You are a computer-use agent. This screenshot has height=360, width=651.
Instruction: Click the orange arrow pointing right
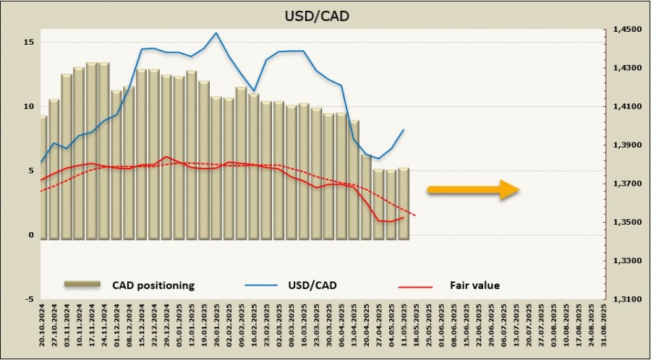(474, 190)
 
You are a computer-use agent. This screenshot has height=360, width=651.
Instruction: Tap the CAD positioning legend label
(153, 285)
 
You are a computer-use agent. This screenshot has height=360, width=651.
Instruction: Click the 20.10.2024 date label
(43, 329)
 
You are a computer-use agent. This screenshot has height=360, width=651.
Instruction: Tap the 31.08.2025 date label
(602, 329)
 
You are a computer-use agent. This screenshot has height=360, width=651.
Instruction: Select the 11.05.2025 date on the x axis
(404, 329)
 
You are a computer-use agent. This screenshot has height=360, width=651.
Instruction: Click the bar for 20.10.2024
(43, 177)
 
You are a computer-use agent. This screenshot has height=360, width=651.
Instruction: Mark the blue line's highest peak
(216, 33)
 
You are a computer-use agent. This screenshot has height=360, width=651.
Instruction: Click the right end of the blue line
(404, 130)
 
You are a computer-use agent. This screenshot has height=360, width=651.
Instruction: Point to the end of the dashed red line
(416, 215)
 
